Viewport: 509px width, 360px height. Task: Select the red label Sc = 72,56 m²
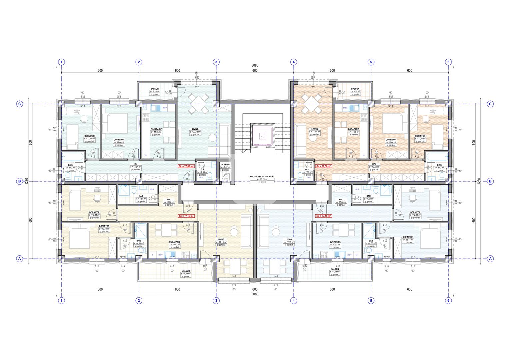click(x=323, y=166)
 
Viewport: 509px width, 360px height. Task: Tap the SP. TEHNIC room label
click(x=225, y=165)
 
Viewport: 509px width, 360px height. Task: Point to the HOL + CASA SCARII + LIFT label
click(x=262, y=177)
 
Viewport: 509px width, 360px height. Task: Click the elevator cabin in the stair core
click(x=263, y=136)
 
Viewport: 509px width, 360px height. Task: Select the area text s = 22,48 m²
click(x=195, y=132)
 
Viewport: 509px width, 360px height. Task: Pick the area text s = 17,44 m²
click(x=314, y=132)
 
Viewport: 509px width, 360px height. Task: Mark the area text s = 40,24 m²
click(x=262, y=179)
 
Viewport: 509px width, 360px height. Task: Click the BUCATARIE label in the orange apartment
click(x=354, y=129)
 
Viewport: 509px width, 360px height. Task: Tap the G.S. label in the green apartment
click(x=203, y=169)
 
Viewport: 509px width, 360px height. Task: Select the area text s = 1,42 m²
click(x=225, y=167)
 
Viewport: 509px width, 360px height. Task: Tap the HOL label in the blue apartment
click(x=341, y=200)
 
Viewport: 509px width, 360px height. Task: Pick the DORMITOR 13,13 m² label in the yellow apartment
click(x=104, y=226)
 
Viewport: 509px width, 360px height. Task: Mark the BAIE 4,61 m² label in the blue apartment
click(x=368, y=196)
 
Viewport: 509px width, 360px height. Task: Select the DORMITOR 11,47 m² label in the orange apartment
click(x=420, y=136)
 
